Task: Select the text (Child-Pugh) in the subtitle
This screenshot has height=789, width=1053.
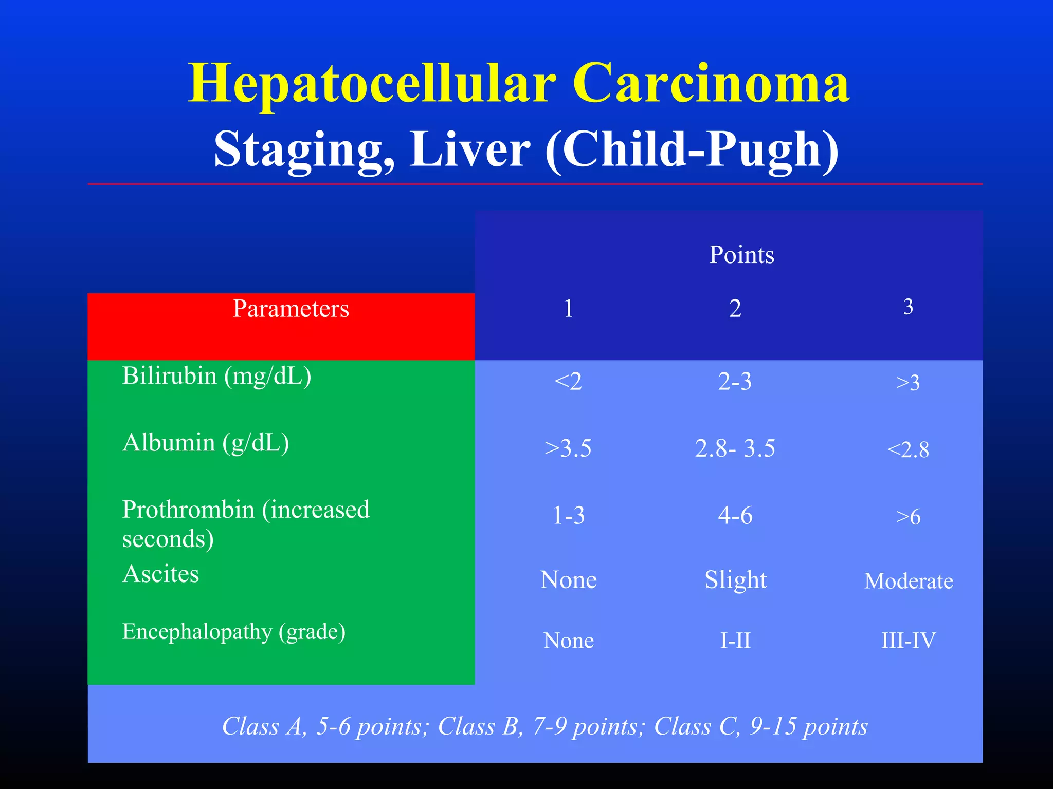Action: [x=692, y=149]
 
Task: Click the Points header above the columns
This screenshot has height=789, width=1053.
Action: [x=741, y=255]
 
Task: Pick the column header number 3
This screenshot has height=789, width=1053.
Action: [x=908, y=307]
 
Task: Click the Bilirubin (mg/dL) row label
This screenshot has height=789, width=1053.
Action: [x=216, y=376]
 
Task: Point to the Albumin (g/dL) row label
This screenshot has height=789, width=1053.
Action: [x=206, y=443]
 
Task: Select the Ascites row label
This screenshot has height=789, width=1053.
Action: [x=160, y=574]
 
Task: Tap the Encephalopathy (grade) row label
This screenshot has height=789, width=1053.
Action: [x=234, y=632]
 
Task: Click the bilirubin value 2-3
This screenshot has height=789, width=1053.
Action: [x=735, y=382]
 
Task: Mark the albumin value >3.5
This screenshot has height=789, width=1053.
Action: [x=568, y=448]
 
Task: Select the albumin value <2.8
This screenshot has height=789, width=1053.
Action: [x=908, y=450]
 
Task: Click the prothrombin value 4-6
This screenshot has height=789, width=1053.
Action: [x=735, y=515]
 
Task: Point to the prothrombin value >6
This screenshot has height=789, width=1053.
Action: [x=908, y=517]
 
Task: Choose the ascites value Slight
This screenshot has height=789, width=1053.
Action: [x=735, y=580]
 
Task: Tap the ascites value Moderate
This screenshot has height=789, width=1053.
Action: [x=909, y=581]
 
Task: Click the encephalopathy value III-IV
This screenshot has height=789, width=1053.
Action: [x=909, y=641]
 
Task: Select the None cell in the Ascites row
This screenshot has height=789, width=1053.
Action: [x=568, y=580]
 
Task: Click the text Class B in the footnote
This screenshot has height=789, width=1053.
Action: [x=479, y=726]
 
